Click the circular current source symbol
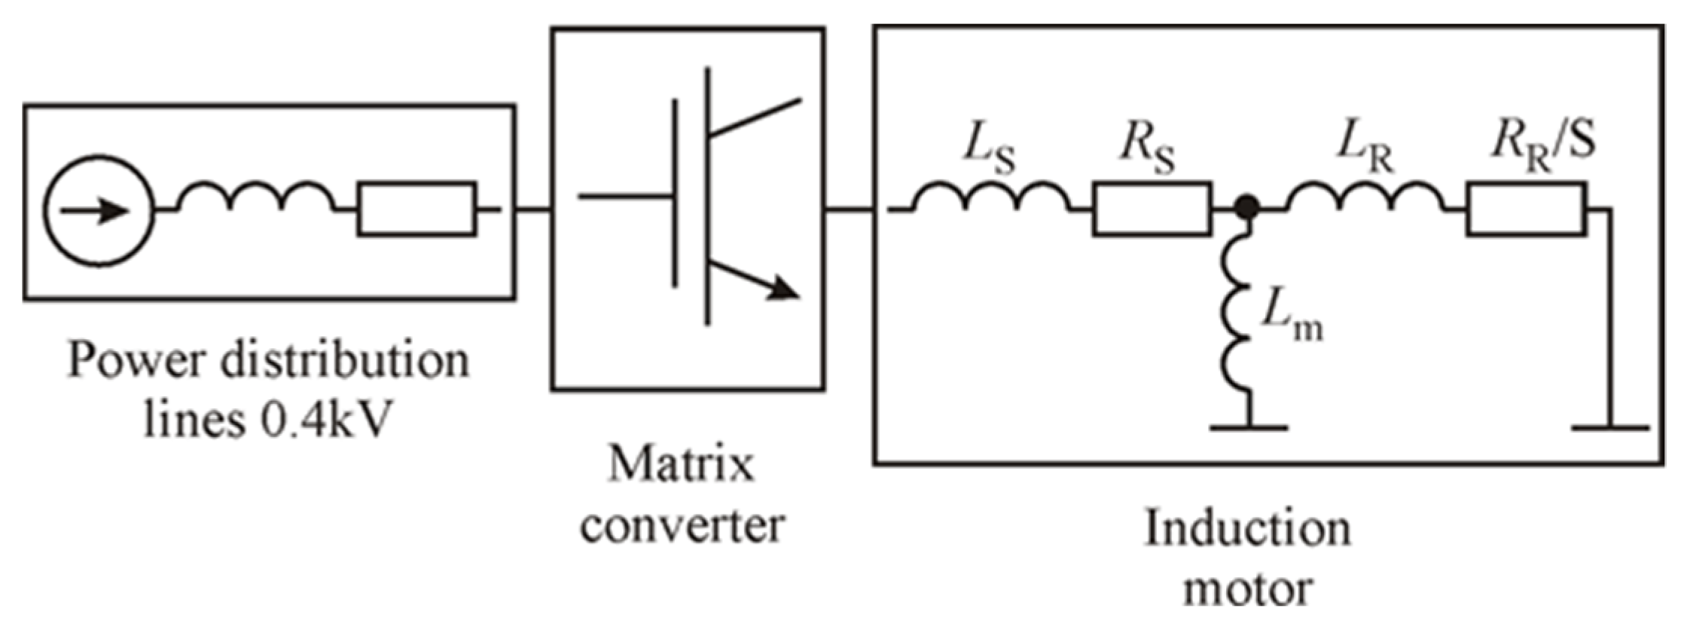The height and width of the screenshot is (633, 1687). click(99, 210)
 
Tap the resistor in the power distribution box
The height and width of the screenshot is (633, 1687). click(416, 209)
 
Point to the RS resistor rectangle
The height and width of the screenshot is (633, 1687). click(1152, 209)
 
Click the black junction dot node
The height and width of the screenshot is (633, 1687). click(1248, 206)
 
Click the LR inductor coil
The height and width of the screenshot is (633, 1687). click(1365, 197)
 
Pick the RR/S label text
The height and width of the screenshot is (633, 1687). click(1542, 142)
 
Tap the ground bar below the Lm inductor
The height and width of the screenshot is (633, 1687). click(1249, 428)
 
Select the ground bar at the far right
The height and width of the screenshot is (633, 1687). click(1610, 428)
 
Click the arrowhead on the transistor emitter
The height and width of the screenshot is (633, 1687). click(783, 289)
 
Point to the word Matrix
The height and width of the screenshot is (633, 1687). click(680, 463)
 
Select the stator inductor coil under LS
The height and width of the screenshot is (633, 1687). click(990, 197)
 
